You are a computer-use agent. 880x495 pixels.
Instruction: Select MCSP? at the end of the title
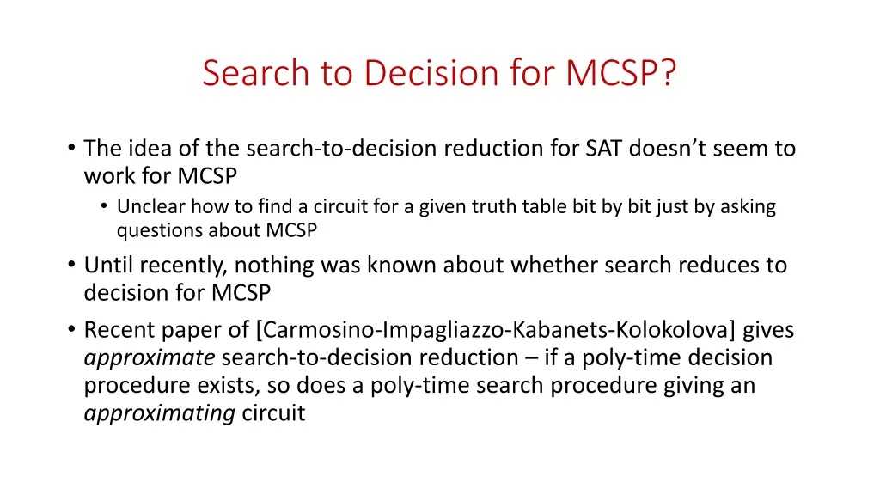coord(621,73)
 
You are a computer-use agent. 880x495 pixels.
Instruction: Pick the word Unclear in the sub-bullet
coord(144,207)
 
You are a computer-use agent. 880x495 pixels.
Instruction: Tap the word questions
coord(156,231)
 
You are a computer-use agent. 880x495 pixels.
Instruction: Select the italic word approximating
coord(159,414)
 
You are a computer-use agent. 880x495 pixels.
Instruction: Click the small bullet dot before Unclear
coord(104,208)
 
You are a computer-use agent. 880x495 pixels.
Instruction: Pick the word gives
coord(768,330)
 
